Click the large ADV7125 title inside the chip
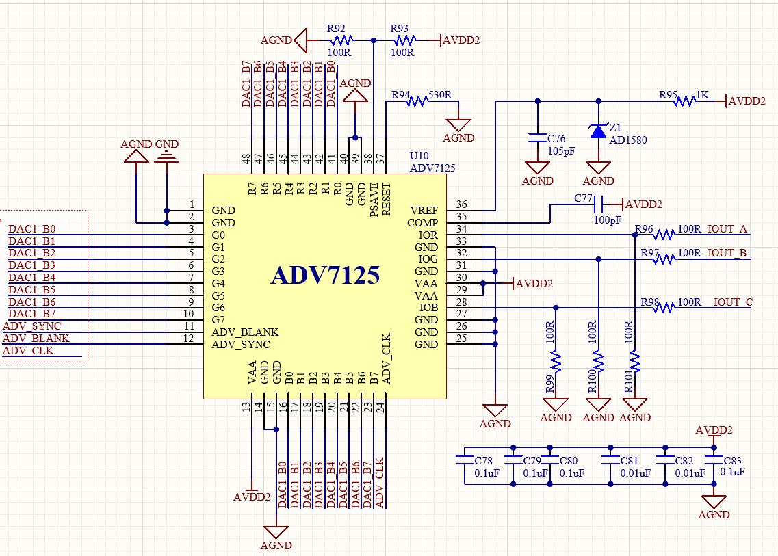point(326,276)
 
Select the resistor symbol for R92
point(341,40)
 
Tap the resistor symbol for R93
point(405,40)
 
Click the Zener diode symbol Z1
point(599,131)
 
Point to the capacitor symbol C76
point(537,138)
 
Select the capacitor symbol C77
point(599,204)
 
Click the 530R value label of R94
point(440,95)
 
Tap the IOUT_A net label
point(727,228)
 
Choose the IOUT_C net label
point(734,302)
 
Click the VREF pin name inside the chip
point(424,211)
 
